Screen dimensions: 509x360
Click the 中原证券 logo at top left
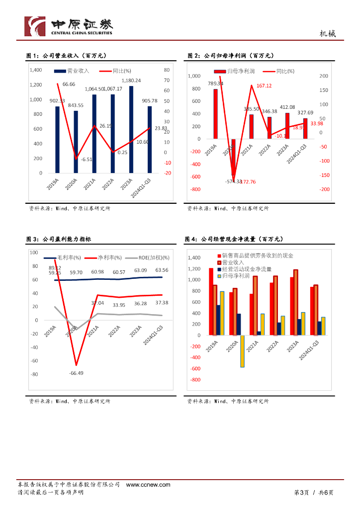69,26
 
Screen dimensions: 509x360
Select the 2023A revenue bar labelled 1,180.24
131,129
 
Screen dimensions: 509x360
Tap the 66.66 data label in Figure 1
69,85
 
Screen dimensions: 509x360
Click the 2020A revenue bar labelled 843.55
76,142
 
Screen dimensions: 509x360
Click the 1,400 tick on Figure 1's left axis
36,70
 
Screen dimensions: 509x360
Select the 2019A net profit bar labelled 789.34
215,114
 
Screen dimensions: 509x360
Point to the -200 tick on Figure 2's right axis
324,189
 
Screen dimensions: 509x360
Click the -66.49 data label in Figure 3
76,373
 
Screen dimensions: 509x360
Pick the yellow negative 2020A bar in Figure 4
243,351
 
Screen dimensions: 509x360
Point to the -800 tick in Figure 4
195,380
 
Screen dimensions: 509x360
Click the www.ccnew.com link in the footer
148,485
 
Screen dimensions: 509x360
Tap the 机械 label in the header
327,34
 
